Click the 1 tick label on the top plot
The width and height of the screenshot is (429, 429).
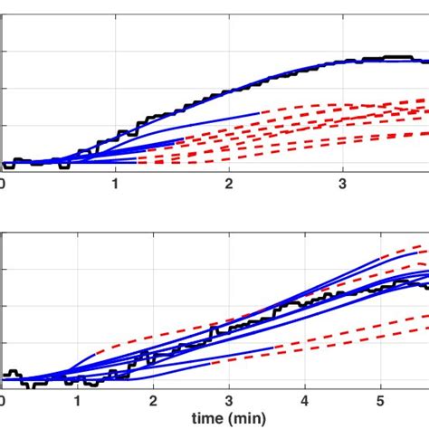[116, 184]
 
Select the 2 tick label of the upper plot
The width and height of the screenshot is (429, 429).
[230, 184]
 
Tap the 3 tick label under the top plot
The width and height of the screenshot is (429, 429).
[343, 184]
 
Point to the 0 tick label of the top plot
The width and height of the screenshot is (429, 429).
[3, 184]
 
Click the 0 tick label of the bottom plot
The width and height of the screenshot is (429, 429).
[3, 399]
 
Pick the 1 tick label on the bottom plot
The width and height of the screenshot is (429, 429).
[78, 399]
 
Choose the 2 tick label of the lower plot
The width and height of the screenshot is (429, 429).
[154, 399]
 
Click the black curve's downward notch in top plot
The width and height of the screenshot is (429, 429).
[62, 167]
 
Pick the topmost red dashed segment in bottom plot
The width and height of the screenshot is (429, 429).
[398, 253]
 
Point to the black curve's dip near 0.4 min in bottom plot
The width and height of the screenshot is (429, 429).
[31, 385]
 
